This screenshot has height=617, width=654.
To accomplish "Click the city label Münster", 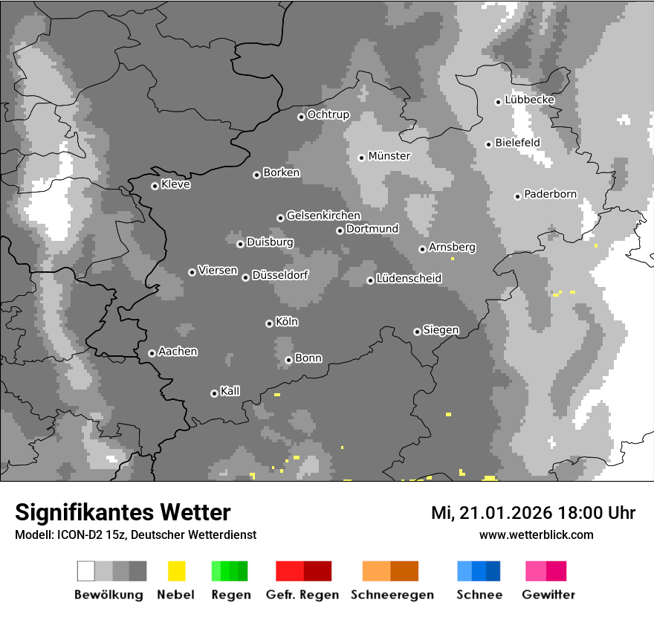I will click(389, 156).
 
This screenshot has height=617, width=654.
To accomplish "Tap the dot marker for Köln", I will click(269, 323).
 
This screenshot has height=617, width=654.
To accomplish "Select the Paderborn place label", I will click(550, 195).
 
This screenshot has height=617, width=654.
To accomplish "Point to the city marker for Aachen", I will click(152, 353).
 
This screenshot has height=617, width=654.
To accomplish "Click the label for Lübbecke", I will click(529, 100).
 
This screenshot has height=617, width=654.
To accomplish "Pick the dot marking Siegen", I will click(417, 332).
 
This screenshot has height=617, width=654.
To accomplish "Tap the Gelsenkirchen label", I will click(323, 216).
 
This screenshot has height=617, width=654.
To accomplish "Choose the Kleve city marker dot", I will click(155, 186).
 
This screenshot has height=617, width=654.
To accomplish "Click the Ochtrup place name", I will click(328, 115).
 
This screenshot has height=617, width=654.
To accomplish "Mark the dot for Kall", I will click(214, 393).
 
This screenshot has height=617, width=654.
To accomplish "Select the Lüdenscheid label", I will click(409, 279).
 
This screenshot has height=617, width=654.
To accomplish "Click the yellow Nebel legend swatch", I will click(176, 571).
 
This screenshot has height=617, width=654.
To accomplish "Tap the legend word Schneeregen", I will click(392, 595).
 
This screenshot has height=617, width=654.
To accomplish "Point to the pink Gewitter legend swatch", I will click(545, 571).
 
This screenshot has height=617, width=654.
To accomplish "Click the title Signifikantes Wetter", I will click(123, 512).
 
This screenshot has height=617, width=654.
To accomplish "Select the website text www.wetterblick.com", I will click(536, 534).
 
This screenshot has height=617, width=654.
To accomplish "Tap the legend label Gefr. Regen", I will click(302, 595).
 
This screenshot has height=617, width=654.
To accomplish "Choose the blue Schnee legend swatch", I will click(479, 571).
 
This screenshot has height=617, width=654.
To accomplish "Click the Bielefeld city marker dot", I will click(489, 144).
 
